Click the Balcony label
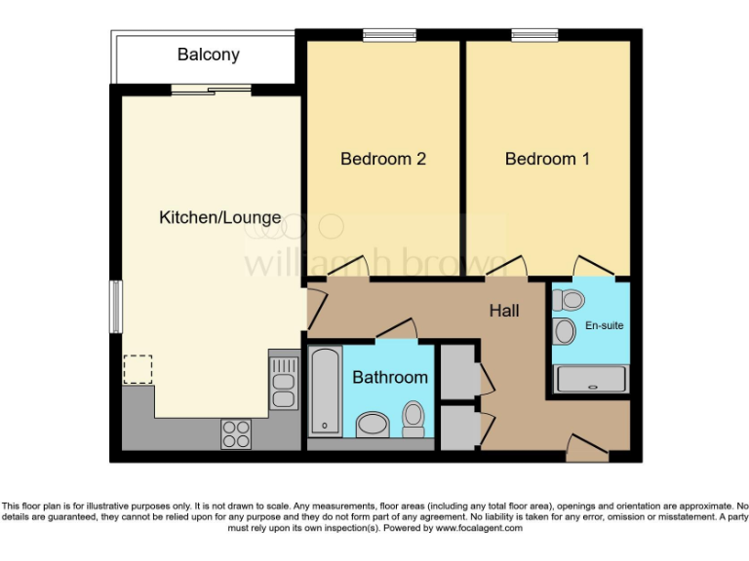tap(208, 55)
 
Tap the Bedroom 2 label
tap(383, 159)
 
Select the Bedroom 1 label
tap(547, 159)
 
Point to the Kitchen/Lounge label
tap(219, 218)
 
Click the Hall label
tap(504, 312)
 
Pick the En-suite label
tap(605, 325)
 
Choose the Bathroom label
tap(390, 377)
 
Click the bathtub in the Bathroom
tap(324, 393)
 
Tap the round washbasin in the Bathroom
tap(372, 425)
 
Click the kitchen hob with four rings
tap(235, 433)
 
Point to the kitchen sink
tap(283, 380)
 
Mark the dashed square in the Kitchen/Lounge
tap(138, 370)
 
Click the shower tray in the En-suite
tap(591, 379)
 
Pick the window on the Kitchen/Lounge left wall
tap(115, 306)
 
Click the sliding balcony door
tap(211, 90)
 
